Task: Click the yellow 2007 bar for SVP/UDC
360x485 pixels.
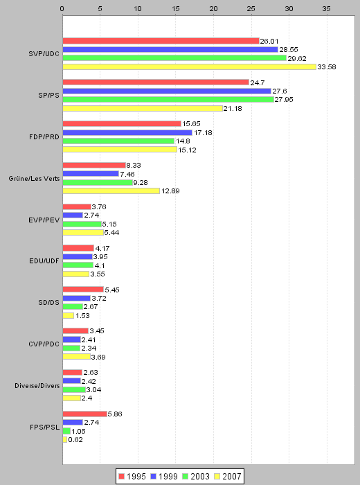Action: click(x=190, y=67)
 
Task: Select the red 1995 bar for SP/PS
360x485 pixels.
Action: click(x=156, y=82)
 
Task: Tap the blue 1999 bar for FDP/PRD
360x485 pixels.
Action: click(x=127, y=133)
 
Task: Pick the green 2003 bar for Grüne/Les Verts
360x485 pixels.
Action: click(x=98, y=182)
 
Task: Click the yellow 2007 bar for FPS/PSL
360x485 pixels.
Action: click(x=65, y=439)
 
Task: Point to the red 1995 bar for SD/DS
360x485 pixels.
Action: click(x=83, y=290)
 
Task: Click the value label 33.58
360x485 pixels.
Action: click(x=327, y=67)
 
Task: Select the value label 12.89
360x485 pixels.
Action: click(x=170, y=191)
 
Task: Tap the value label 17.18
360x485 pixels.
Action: click(x=203, y=133)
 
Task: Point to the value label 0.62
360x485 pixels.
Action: click(x=75, y=439)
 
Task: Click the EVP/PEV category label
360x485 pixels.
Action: click(x=44, y=220)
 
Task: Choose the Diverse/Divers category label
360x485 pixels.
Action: click(x=37, y=386)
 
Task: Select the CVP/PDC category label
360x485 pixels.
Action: click(x=44, y=344)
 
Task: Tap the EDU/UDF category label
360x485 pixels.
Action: click(x=44, y=261)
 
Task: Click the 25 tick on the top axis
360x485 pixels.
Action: click(x=251, y=9)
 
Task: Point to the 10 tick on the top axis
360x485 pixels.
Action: click(x=138, y=9)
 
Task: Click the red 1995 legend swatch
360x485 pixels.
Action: click(x=121, y=477)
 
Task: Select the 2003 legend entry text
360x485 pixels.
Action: click(x=199, y=477)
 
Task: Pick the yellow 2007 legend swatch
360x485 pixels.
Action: click(x=217, y=477)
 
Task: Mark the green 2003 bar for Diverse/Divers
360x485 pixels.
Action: click(x=74, y=389)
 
